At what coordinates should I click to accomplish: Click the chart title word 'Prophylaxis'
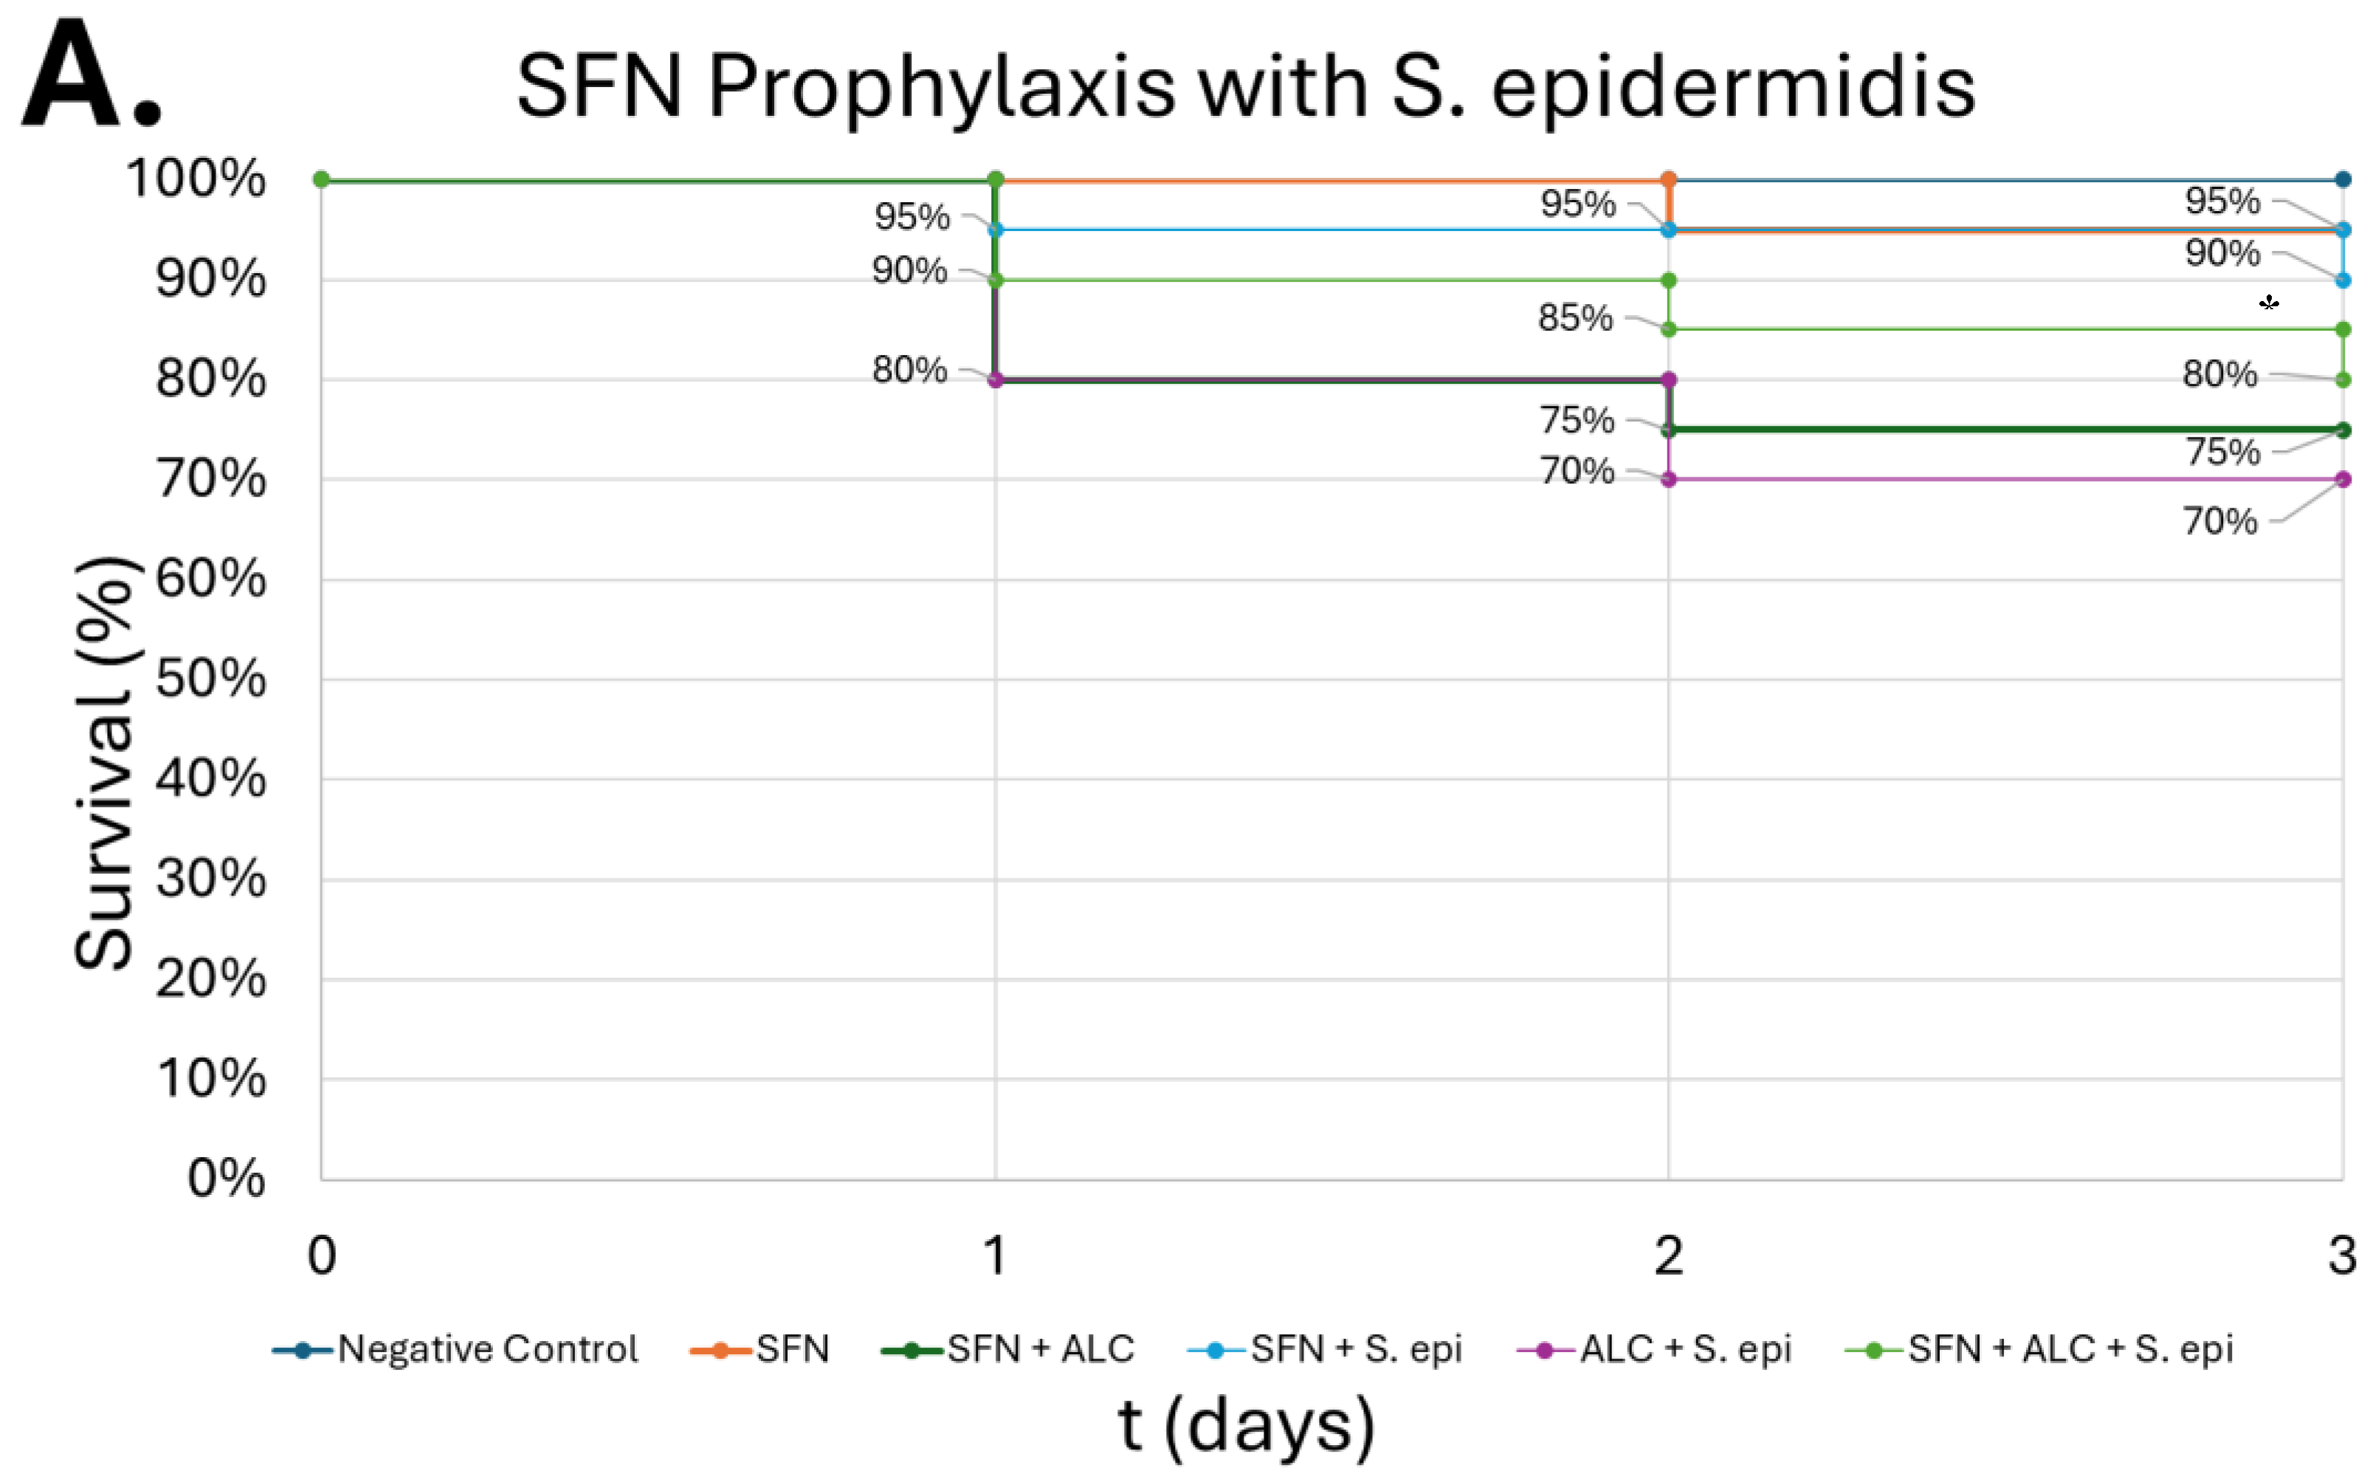[x=941, y=88]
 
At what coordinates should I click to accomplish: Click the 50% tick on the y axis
[x=210, y=679]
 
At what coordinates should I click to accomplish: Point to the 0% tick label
[x=226, y=1178]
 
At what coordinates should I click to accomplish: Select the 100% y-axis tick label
[x=196, y=179]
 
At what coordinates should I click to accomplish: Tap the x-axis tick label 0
[x=322, y=1255]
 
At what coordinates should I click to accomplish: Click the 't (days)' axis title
[x=1246, y=1426]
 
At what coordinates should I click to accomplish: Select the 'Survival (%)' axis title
[x=103, y=763]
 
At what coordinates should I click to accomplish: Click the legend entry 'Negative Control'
[x=487, y=1349]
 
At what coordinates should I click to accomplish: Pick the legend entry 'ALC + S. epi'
[x=1684, y=1349]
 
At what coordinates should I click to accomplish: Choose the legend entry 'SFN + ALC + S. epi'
[x=2070, y=1349]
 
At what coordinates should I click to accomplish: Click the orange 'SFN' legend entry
[x=791, y=1349]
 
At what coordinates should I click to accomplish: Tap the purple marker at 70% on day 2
[x=1669, y=479]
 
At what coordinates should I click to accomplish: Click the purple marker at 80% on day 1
[x=996, y=379]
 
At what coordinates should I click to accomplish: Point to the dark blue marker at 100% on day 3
[x=2343, y=179]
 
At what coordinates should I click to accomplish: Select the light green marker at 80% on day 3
[x=2343, y=379]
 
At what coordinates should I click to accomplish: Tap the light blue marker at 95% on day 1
[x=996, y=230]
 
